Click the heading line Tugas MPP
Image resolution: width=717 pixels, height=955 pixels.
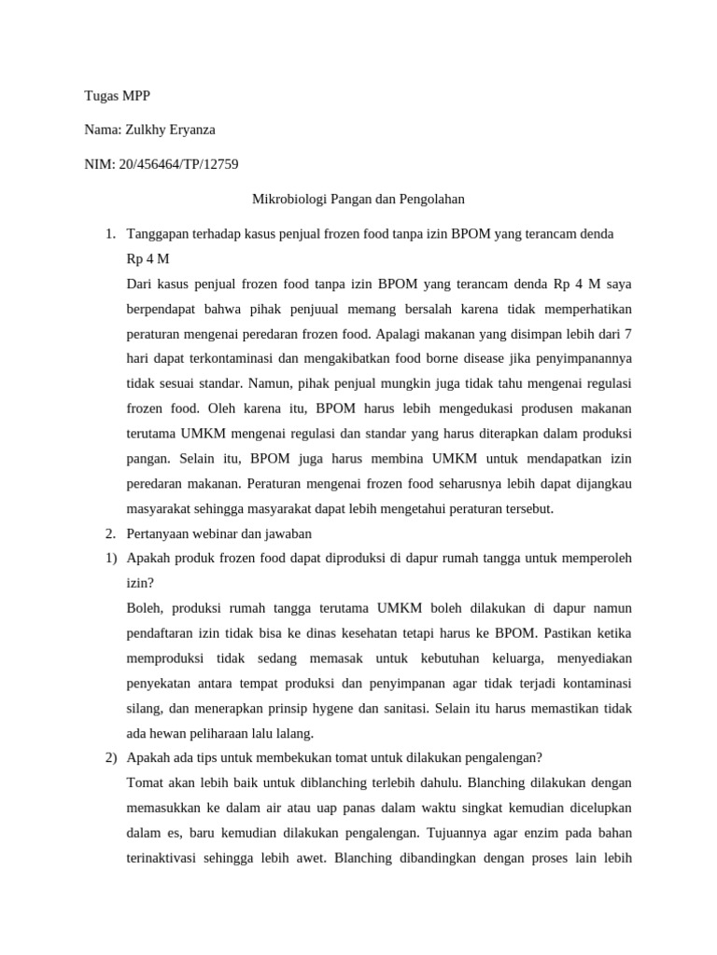pyautogui.click(x=117, y=96)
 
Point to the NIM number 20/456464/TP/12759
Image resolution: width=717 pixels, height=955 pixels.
pyautogui.click(x=176, y=165)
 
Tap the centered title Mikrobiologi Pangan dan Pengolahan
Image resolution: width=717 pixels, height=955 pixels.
pyautogui.click(x=358, y=199)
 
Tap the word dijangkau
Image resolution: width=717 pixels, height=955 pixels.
pyautogui.click(x=605, y=483)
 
